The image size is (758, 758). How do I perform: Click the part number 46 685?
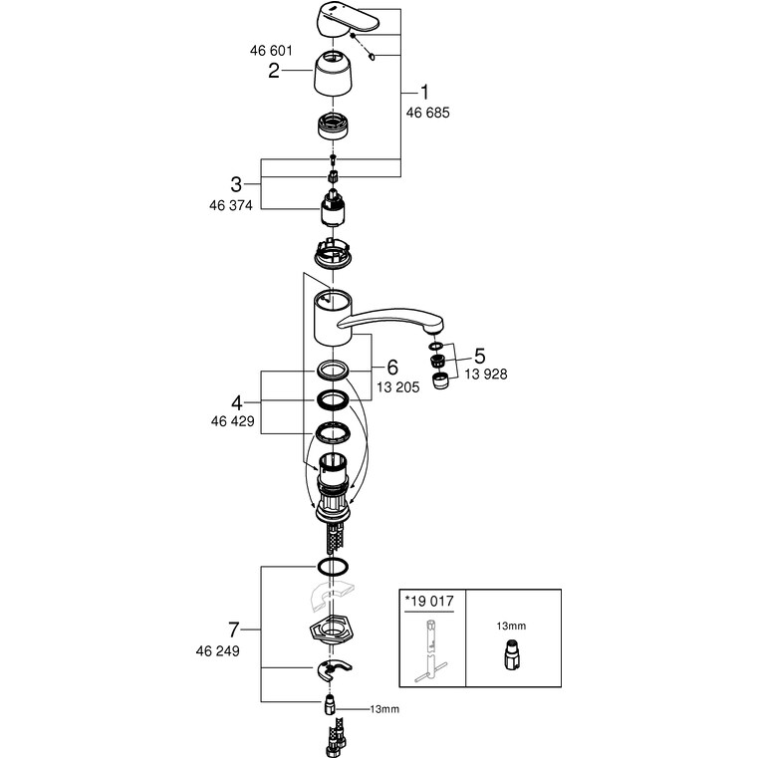tap(428, 114)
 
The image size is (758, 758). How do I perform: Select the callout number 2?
tap(272, 71)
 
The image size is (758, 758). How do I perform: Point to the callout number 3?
tap(236, 183)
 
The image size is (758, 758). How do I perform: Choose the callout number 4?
tap(237, 403)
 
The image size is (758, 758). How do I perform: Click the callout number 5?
tap(479, 356)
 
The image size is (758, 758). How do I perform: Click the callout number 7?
tap(235, 631)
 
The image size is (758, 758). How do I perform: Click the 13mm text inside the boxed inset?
tap(510, 625)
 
